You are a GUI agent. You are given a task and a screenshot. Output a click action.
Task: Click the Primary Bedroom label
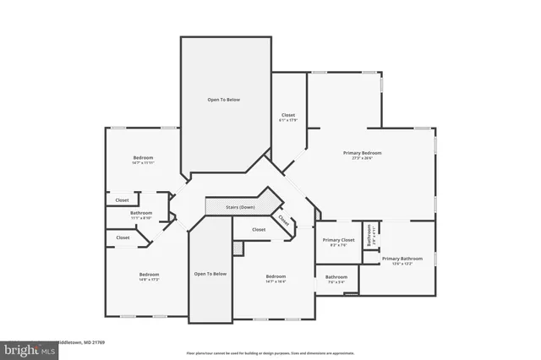tap(362, 153)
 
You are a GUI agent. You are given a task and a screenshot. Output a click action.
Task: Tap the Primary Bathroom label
tap(402, 259)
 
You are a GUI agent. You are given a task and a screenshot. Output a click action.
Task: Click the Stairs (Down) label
tap(241, 206)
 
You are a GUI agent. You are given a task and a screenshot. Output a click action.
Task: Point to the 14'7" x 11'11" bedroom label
tap(142, 158)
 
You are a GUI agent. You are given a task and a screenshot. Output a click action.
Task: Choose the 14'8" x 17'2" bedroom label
tap(149, 274)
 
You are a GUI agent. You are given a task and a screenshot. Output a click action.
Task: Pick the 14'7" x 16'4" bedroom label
tap(276, 277)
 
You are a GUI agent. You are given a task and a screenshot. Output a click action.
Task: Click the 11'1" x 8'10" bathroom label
tap(141, 213)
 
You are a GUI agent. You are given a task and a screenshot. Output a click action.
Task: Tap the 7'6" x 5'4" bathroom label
tap(336, 277)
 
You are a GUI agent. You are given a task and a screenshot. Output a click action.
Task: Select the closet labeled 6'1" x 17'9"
tap(288, 115)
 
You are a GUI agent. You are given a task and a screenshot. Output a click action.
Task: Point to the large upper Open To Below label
tap(224, 100)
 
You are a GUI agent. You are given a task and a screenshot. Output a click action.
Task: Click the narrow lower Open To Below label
tap(210, 274)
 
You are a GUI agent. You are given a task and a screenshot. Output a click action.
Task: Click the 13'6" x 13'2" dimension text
tap(402, 264)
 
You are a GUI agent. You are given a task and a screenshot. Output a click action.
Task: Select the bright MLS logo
tap(25, 348)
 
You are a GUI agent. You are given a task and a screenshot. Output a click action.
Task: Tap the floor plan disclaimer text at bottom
tap(270, 352)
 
